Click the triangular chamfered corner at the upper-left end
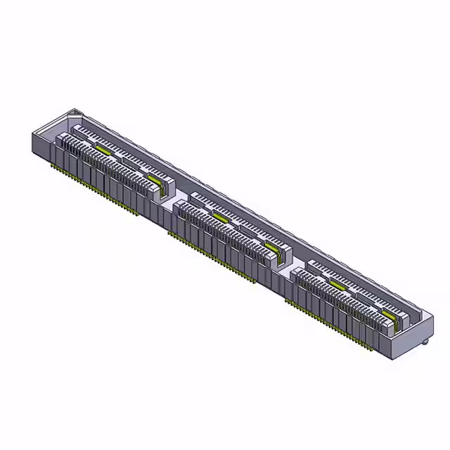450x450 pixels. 75,112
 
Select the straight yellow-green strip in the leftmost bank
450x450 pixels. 104,150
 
